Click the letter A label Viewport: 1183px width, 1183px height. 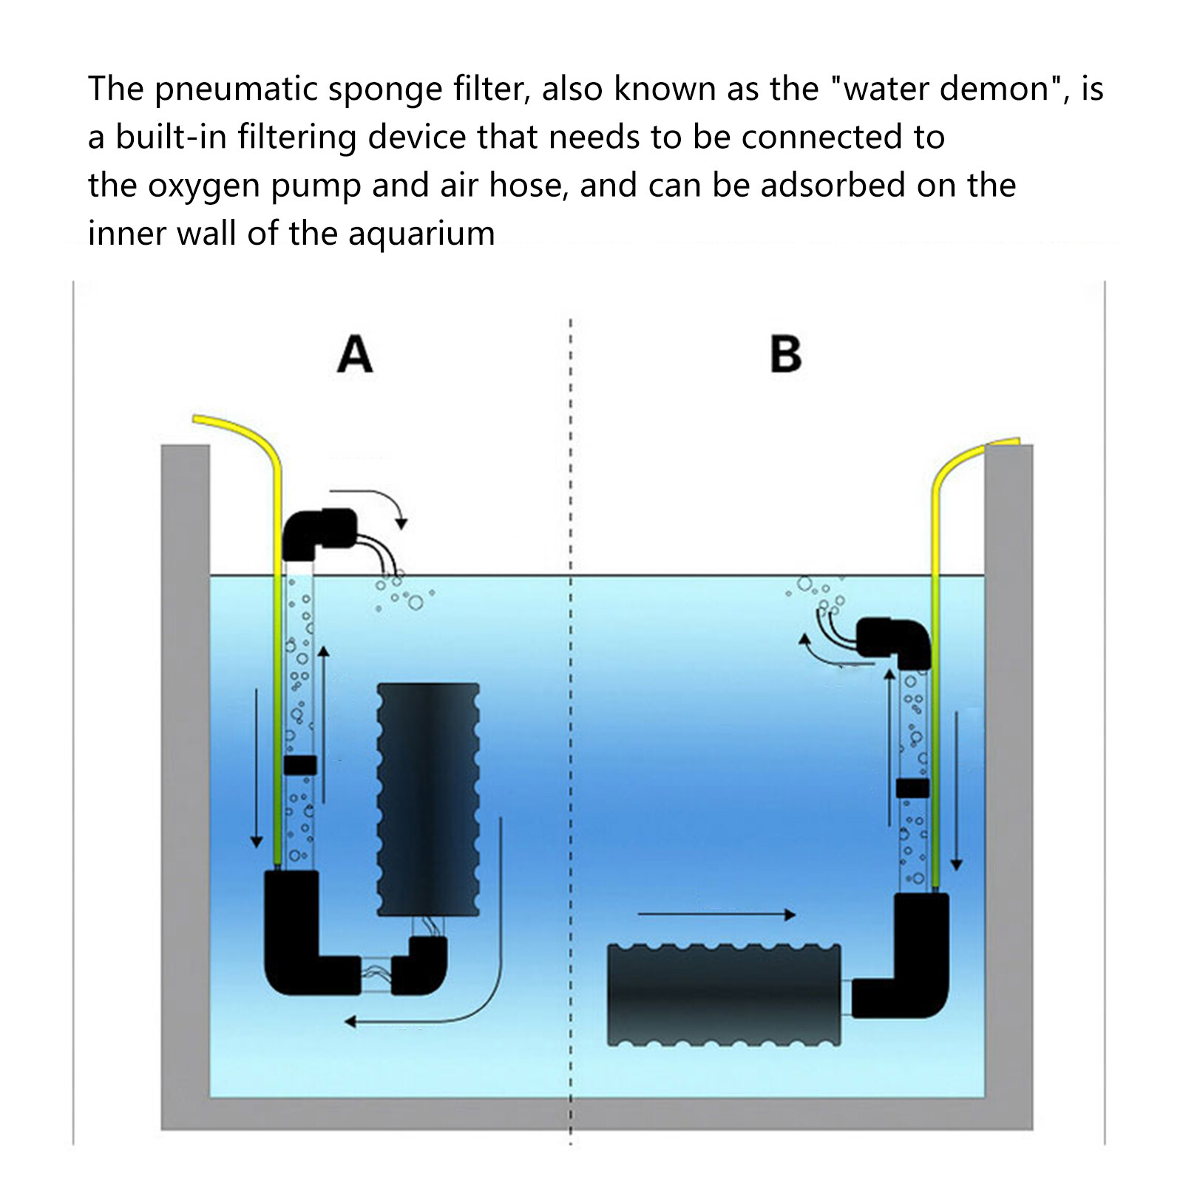click(354, 355)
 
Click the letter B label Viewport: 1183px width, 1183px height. click(785, 355)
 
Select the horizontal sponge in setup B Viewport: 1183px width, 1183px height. click(723, 994)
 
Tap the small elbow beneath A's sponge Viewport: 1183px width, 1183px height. click(420, 965)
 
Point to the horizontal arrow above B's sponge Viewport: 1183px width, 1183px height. click(716, 915)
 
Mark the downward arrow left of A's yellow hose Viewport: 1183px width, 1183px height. click(257, 769)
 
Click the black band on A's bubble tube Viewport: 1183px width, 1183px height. click(299, 765)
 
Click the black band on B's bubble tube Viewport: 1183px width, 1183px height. click(912, 788)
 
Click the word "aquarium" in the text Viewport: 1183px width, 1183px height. click(421, 234)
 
